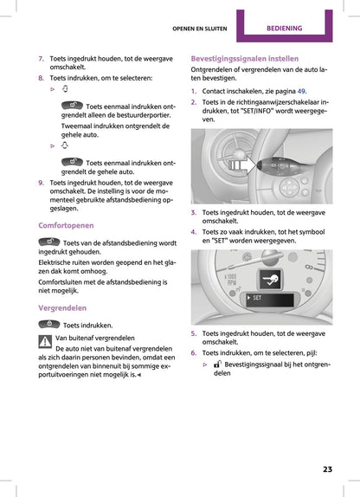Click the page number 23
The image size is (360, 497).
[327, 469]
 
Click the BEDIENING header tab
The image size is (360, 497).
[295, 28]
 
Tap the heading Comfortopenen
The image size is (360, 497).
[67, 224]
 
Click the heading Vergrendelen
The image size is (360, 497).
[62, 307]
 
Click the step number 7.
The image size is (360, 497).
[41, 58]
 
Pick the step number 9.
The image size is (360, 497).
[41, 183]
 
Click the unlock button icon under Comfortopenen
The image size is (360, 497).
[49, 242]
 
